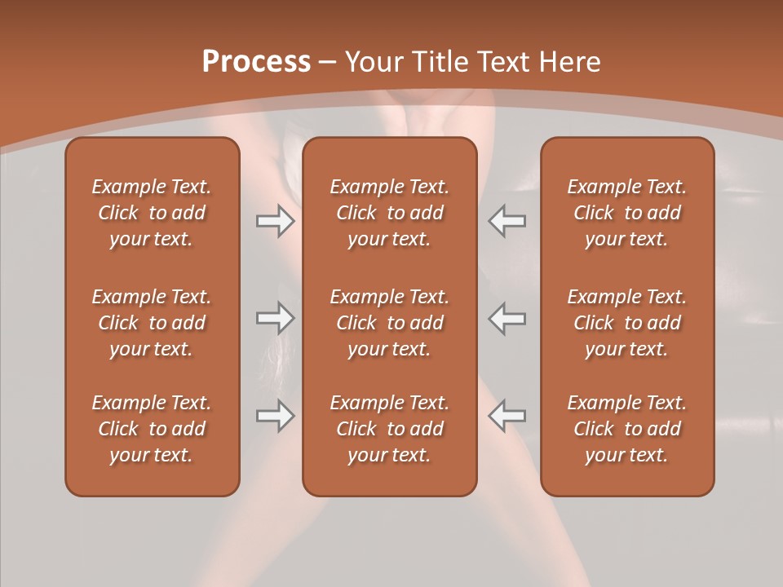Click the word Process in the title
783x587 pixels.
click(x=256, y=62)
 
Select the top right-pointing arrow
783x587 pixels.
click(x=275, y=221)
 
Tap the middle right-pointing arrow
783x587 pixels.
click(x=275, y=318)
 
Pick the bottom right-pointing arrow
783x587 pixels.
click(x=275, y=416)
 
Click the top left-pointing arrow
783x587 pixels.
click(x=507, y=221)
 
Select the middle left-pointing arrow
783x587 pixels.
click(x=507, y=318)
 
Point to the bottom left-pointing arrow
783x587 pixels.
click(x=507, y=416)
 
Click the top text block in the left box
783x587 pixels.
click(x=152, y=213)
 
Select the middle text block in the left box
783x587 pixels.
click(x=152, y=323)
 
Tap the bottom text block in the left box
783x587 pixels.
click(x=152, y=429)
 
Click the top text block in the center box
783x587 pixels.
click(x=389, y=213)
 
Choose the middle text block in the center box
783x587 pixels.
click(x=389, y=323)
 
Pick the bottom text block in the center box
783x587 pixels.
click(x=389, y=429)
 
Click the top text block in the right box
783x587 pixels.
click(x=627, y=213)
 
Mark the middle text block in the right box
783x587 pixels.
click(x=627, y=323)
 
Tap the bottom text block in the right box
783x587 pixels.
click(x=627, y=429)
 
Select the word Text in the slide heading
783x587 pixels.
click(x=503, y=62)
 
